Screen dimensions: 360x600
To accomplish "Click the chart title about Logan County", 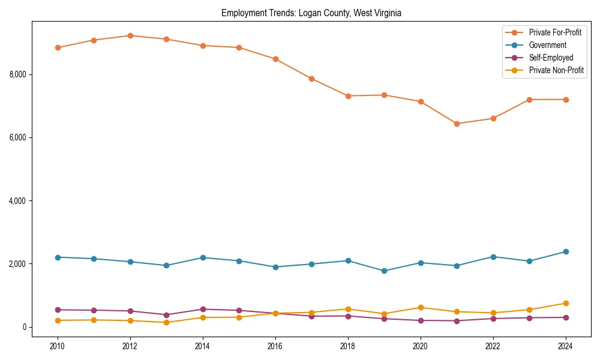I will click(x=311, y=13).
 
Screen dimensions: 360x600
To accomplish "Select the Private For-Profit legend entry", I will click(x=555, y=32).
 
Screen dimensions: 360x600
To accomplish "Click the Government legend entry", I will click(x=547, y=45).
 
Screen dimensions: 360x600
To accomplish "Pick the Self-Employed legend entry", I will click(x=551, y=58).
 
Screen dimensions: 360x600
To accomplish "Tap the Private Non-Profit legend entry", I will click(x=556, y=70).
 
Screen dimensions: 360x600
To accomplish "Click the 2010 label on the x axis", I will click(x=58, y=346).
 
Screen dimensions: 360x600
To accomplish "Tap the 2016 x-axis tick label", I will click(x=275, y=346).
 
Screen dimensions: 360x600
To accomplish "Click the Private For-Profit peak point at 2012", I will click(x=130, y=35).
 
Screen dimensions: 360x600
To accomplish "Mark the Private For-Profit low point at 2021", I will click(x=457, y=124).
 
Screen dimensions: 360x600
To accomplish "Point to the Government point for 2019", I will click(x=384, y=271).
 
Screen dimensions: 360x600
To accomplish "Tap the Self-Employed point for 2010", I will click(x=58, y=310).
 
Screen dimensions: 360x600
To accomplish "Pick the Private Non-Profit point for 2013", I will click(x=166, y=322).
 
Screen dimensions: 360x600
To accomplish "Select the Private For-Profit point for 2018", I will click(x=348, y=96).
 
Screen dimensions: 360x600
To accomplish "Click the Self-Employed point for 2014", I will click(x=203, y=309).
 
